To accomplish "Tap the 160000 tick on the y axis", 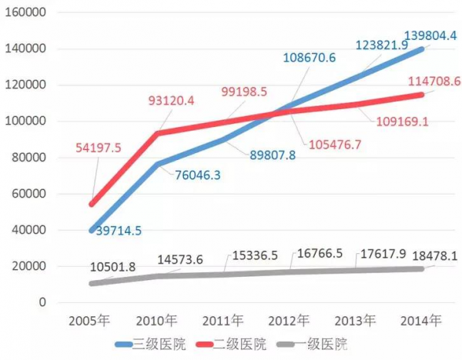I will [x=27, y=13].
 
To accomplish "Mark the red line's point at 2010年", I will [x=158, y=134].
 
